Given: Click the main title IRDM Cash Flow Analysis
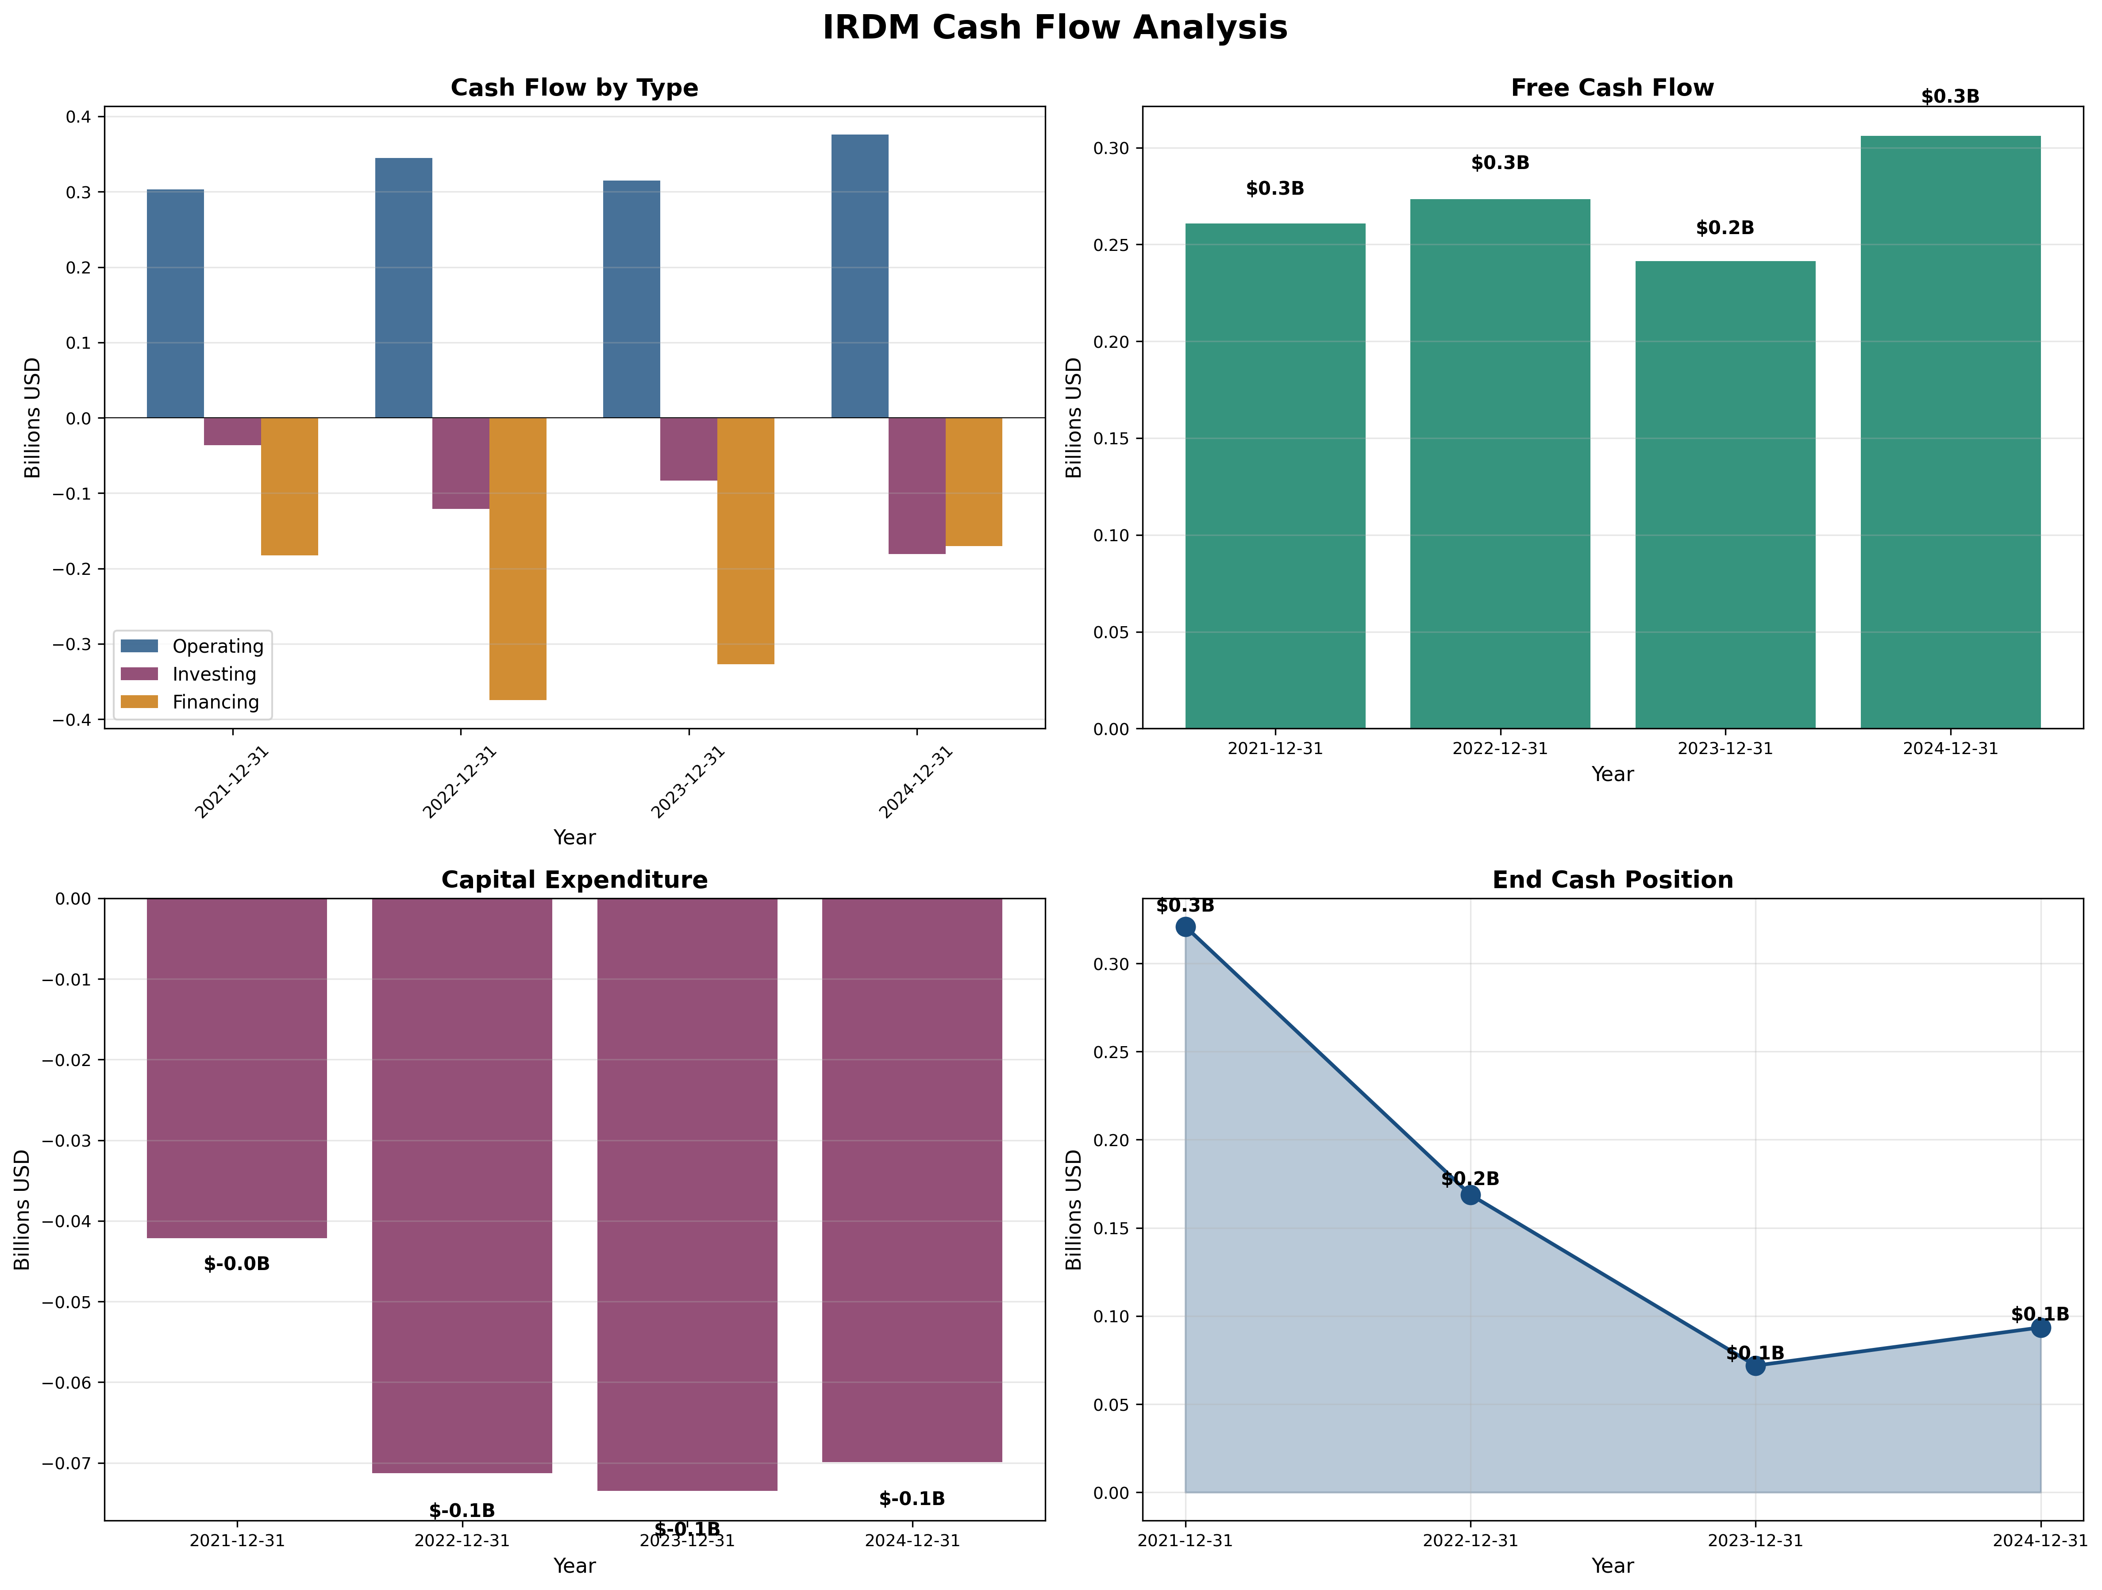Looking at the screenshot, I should coord(1054,27).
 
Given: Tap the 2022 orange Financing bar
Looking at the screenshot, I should coord(518,559).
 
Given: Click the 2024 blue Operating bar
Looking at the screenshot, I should coord(860,276).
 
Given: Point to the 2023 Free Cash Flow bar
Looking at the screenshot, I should coord(1725,494).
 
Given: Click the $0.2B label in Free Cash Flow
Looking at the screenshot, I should coord(1725,228).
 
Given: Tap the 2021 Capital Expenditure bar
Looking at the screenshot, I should coord(237,1067).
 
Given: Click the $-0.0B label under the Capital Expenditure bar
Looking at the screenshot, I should coord(237,1264).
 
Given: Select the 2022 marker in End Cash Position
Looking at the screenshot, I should coord(1470,1195).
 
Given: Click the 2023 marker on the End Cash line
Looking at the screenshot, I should coord(1755,1366).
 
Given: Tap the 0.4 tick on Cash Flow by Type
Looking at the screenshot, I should coord(78,117).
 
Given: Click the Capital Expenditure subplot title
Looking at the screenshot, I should coord(574,880).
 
